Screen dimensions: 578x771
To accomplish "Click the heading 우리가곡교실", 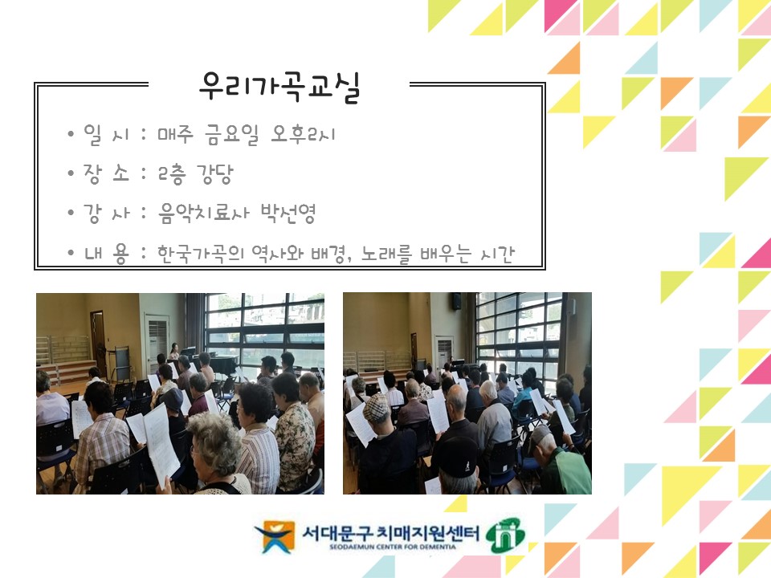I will click(279, 87).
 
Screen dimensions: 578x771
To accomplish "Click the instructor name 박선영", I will click(288, 213).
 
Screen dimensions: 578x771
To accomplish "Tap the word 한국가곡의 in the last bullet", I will click(199, 254).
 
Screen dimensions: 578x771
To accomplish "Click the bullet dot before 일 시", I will click(71, 135).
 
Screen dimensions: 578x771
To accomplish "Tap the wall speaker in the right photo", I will click(456, 302).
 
